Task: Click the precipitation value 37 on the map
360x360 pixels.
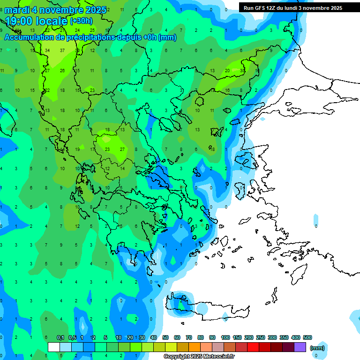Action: coord(62,50)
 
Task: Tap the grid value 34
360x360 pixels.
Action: coord(47,50)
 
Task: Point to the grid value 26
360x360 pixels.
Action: coord(62,70)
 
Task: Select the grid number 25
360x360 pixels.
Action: coord(92,30)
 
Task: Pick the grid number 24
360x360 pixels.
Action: coord(77,30)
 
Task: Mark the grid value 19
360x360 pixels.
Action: coord(77,150)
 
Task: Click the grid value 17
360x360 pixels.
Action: coord(92,150)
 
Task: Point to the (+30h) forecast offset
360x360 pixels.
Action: coord(81,21)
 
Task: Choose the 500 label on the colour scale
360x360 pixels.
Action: coord(307,337)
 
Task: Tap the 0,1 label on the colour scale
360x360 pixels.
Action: coord(60,337)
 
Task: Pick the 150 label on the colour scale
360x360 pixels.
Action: coord(237,337)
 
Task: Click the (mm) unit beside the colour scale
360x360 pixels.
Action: coord(317,348)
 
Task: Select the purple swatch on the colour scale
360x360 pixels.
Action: coord(300,347)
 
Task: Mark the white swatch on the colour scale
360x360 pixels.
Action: coord(54,347)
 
